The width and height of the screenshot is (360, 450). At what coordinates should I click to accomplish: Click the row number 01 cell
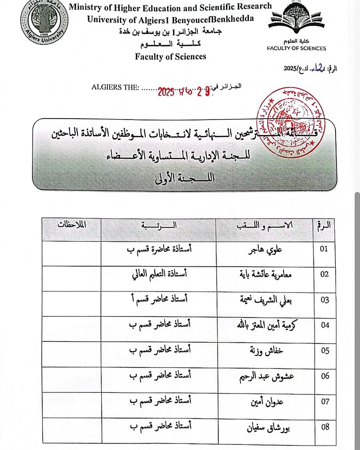point(324,249)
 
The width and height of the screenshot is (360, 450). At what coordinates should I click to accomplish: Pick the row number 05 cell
point(324,350)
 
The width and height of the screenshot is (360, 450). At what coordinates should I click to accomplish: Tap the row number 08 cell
point(324,427)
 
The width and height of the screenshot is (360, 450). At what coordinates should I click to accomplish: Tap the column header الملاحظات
point(72,224)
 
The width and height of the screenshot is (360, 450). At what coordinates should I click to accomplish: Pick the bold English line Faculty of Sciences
point(171,57)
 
